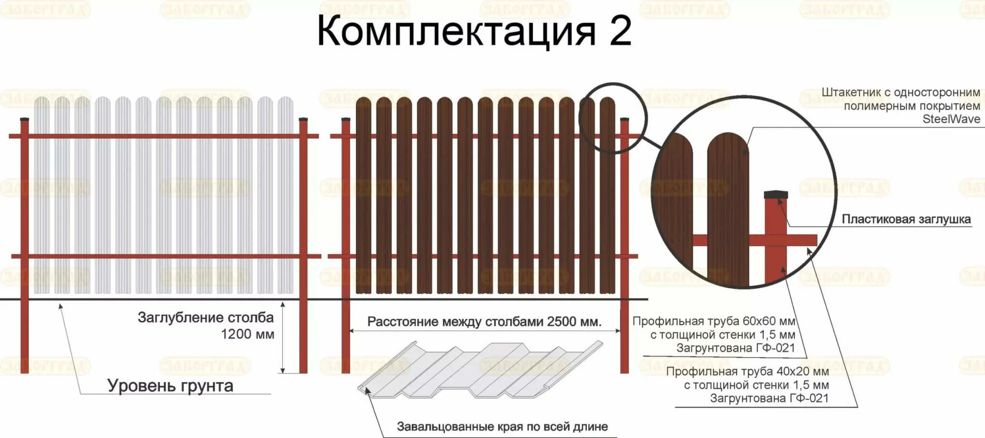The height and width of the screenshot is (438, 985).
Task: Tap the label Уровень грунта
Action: pyautogui.click(x=170, y=386)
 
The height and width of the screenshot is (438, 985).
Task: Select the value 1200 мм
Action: pyautogui.click(x=247, y=334)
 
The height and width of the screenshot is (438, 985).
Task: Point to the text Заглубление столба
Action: pyautogui.click(x=205, y=317)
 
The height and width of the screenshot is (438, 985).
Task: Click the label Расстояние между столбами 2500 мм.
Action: pyautogui.click(x=484, y=322)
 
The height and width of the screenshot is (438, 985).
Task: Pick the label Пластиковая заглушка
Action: pyautogui.click(x=906, y=220)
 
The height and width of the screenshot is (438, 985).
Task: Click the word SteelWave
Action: pyautogui.click(x=951, y=119)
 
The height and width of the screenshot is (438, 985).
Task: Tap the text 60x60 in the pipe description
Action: pyautogui.click(x=769, y=321)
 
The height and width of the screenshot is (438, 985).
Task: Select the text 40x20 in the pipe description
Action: pyautogui.click(x=802, y=372)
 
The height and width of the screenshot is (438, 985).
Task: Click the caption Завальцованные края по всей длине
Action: pyautogui.click(x=502, y=426)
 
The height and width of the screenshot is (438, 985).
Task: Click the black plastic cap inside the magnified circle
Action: pyautogui.click(x=776, y=195)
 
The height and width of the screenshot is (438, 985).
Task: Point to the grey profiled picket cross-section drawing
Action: pyautogui.click(x=480, y=370)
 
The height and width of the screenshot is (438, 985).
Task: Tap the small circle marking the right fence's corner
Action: pyautogui.click(x=613, y=118)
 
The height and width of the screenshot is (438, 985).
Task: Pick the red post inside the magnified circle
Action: pyautogui.click(x=776, y=260)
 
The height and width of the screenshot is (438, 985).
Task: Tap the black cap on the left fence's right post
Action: pyautogui.click(x=303, y=119)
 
